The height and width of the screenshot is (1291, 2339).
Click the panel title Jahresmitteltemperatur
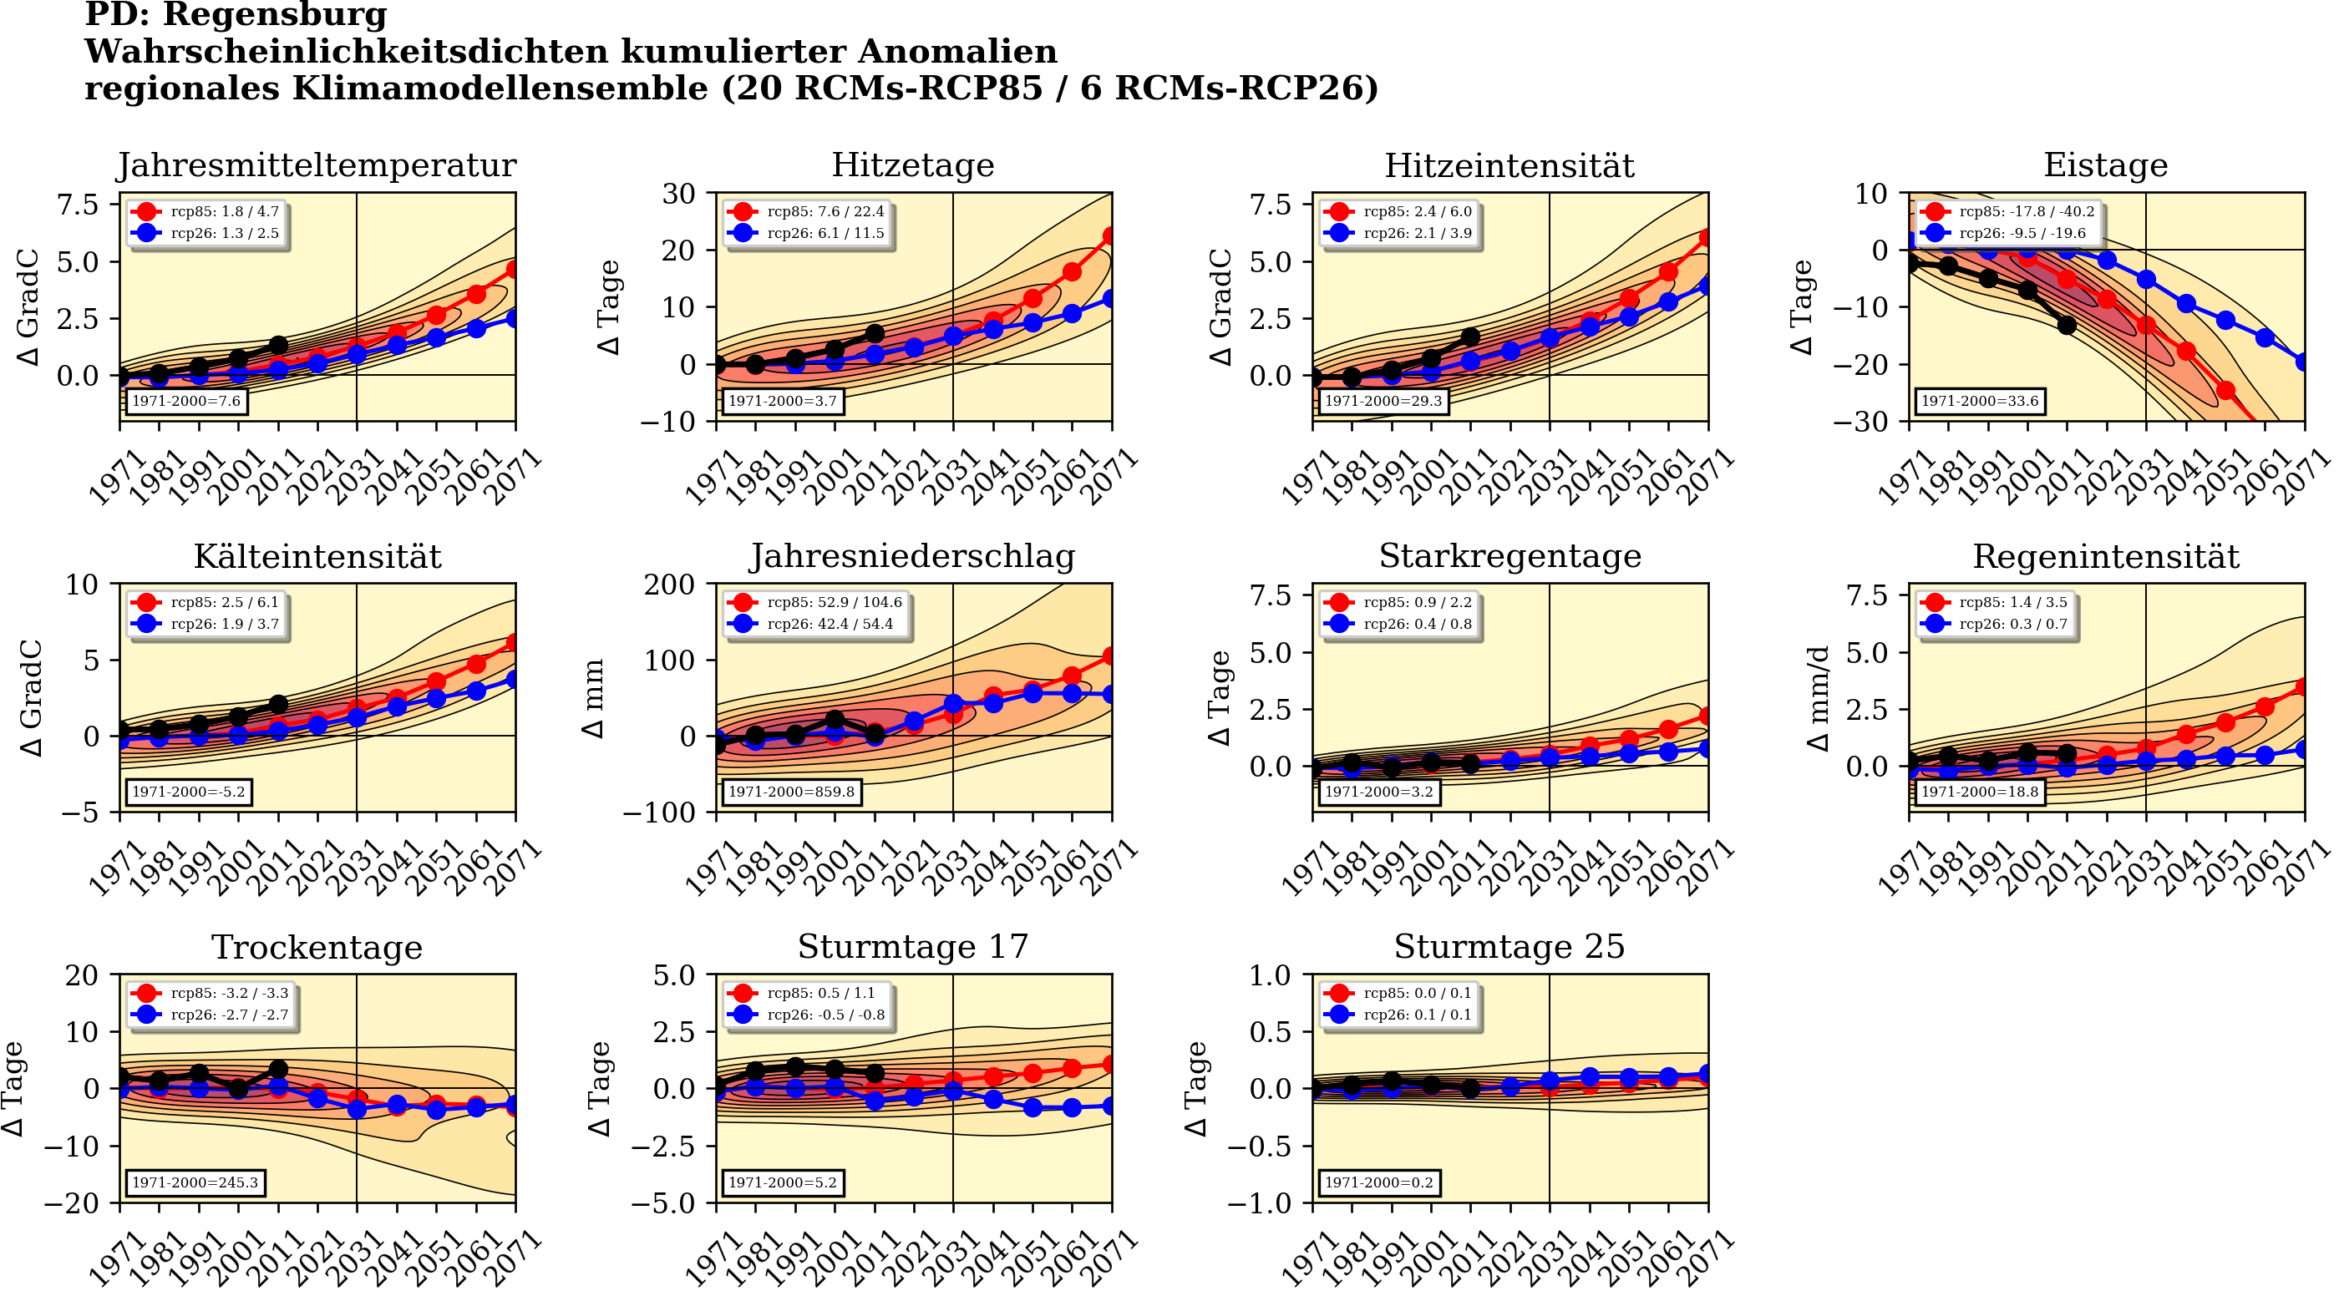[x=316, y=165]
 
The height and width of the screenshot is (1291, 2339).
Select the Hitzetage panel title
[x=912, y=165]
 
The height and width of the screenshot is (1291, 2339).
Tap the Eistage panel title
[x=2105, y=165]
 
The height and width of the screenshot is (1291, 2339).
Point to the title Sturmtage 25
[x=1509, y=947]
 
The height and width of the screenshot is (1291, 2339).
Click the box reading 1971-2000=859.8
[x=791, y=792]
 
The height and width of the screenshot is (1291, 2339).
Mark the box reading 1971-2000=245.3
[x=195, y=1183]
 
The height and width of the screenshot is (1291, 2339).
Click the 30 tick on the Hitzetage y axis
[x=679, y=194]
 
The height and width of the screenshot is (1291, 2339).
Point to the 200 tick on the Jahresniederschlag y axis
[x=670, y=585]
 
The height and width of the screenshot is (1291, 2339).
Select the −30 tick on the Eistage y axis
[x=1859, y=421]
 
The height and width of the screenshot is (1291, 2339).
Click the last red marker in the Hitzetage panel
[x=1110, y=236]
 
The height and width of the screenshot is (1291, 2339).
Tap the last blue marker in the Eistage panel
[x=2303, y=362]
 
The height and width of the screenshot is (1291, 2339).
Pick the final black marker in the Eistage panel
[x=2067, y=325]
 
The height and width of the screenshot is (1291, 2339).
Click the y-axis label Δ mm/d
[x=1818, y=699]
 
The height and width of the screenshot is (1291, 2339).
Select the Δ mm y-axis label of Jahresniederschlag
[x=593, y=699]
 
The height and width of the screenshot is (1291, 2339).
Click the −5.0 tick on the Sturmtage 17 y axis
[x=674, y=1204]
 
